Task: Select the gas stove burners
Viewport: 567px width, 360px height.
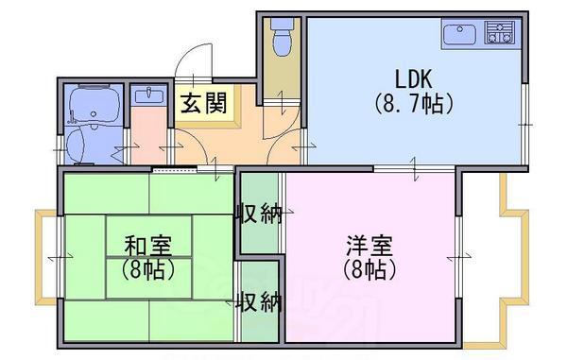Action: coord(500,32)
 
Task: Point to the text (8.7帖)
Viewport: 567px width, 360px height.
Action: coord(414,104)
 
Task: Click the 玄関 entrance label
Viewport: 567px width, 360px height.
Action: coord(203,103)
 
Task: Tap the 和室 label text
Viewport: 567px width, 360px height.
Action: coord(148,246)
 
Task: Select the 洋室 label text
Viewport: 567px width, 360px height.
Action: coord(369,246)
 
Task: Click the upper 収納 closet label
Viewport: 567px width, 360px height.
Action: coord(259,214)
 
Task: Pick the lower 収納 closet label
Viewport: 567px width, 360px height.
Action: coord(259,301)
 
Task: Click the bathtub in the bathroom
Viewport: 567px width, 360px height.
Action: coord(94,104)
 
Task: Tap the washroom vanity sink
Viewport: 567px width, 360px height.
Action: coord(149,95)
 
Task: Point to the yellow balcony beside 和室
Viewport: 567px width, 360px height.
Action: coord(45,257)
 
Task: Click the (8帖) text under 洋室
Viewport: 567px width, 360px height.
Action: coord(369,269)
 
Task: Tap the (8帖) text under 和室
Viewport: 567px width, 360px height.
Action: coord(148,269)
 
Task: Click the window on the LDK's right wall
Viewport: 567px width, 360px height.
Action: coord(524,124)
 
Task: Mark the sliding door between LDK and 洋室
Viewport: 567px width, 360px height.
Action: coord(415,168)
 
